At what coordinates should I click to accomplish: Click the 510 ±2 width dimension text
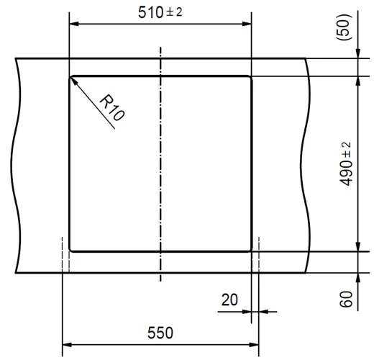(160, 12)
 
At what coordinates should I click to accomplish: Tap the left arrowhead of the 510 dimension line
(71, 24)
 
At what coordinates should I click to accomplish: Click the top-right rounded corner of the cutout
(250, 77)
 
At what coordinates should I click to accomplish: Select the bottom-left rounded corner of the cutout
(70, 249)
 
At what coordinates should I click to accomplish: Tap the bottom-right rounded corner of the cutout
(250, 249)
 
